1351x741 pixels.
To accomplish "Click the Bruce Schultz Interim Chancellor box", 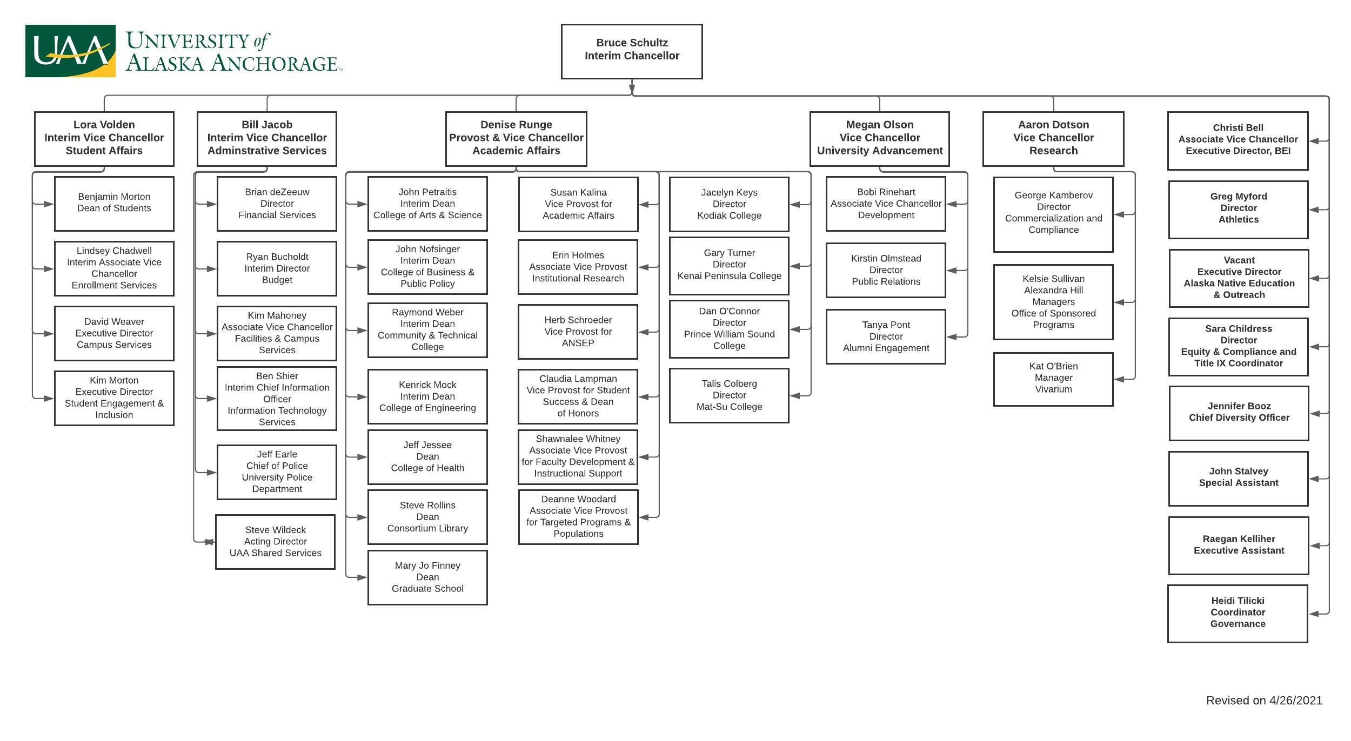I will coord(631,51).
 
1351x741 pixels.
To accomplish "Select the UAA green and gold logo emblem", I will coord(70,51).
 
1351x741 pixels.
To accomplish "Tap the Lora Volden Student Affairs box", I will coord(104,139).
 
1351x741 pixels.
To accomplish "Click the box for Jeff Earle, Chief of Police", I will coord(277,472).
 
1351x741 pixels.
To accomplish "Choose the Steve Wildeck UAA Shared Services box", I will coord(275,542).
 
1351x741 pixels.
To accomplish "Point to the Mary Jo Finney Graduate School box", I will coord(427,577).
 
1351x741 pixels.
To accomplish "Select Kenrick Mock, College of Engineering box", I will coord(427,396).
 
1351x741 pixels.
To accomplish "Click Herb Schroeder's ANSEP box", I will coord(578,332).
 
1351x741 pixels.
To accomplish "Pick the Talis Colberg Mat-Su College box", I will coord(729,395).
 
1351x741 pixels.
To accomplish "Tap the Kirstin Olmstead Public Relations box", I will coord(886,270).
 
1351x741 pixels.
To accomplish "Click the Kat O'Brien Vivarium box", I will coord(1053,379).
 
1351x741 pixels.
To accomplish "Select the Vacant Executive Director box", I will coord(1239,278).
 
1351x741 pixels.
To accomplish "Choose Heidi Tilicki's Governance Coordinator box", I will coord(1238,613).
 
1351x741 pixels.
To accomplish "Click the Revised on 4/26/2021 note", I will coord(1264,700).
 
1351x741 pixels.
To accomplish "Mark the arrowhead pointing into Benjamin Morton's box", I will coord(48,204).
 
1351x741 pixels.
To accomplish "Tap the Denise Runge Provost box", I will coord(516,139).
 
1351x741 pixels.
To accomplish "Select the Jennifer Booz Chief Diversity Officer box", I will coord(1239,413).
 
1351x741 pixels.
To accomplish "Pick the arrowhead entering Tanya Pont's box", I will coord(952,337).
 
